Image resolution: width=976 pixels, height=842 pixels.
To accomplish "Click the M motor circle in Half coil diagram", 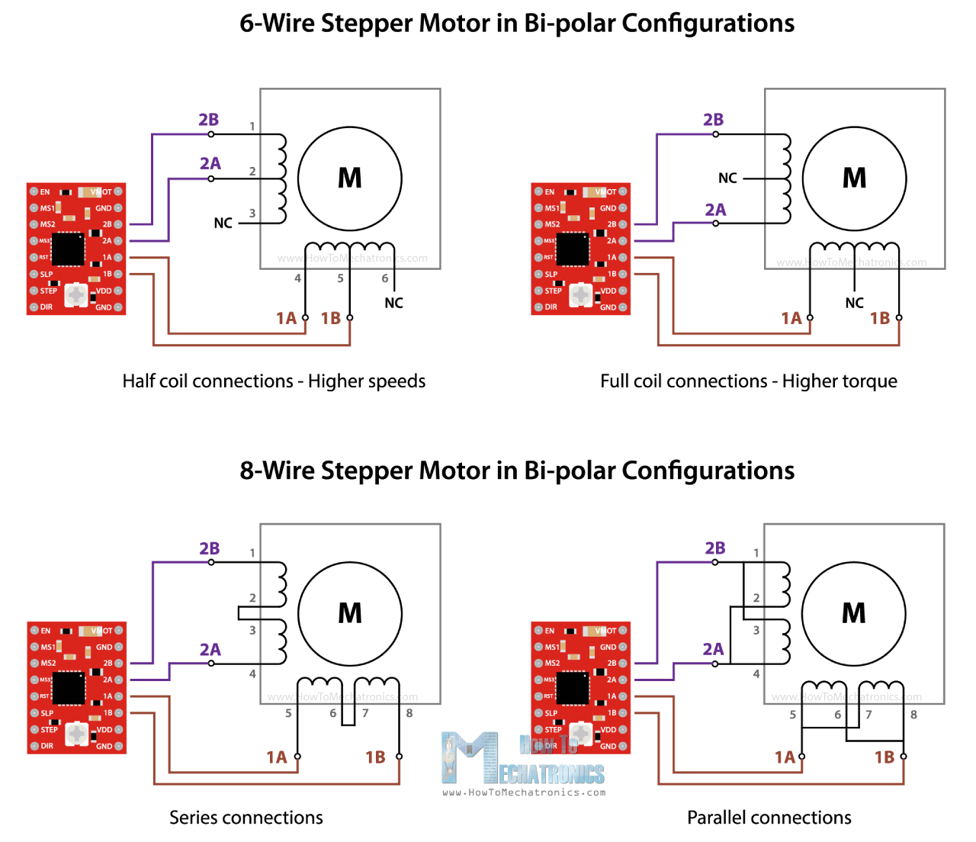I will [x=349, y=178].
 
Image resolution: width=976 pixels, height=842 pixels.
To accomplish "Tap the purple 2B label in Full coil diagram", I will [x=713, y=120].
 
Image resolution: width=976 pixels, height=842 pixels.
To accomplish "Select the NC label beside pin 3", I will [x=223, y=223].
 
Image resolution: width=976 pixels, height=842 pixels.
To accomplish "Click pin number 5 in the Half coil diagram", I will [x=340, y=278].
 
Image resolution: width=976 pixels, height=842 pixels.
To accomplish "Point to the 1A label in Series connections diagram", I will [x=276, y=757].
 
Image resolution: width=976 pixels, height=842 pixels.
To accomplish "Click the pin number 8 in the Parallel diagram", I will [x=913, y=715].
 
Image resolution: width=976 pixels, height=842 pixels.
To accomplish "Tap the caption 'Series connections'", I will [x=246, y=818].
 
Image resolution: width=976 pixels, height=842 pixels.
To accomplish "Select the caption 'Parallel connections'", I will [x=769, y=818].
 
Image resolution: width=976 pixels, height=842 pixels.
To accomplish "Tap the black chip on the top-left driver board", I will [x=68, y=249].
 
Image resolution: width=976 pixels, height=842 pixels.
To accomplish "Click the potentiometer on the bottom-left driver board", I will [x=76, y=734].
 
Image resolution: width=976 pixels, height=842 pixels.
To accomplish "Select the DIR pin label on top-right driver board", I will [x=551, y=307].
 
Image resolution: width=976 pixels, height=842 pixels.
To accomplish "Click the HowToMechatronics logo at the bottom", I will [x=523, y=763].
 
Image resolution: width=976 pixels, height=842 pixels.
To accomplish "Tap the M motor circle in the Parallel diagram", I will [x=853, y=614].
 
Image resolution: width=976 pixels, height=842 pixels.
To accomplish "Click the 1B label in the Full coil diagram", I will [x=879, y=319].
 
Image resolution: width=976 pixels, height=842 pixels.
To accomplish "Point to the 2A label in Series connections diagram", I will [x=210, y=650].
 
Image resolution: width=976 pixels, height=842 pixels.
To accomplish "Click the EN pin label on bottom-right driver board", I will [x=550, y=631].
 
